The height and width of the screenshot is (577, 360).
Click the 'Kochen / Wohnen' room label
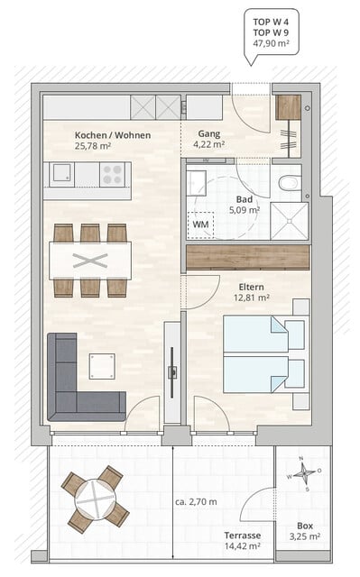112,135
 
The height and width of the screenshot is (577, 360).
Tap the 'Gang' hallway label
209,135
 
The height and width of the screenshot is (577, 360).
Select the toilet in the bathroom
290,183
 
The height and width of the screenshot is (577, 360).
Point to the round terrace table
95,497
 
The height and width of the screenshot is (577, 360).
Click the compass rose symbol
306,472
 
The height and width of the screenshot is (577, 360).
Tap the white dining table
89,261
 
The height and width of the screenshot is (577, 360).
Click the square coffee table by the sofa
101,366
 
